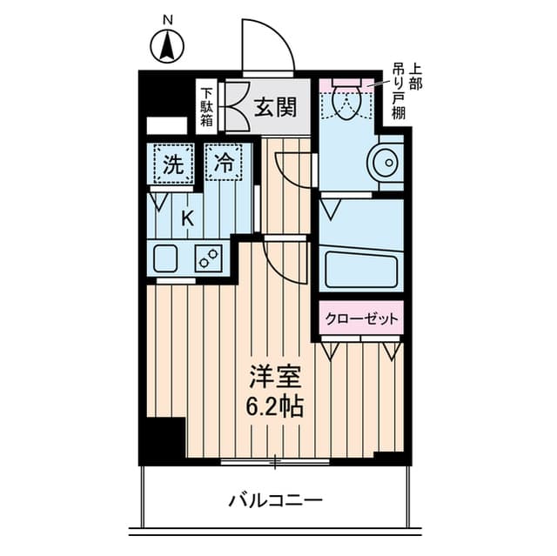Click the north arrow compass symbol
(x=167, y=47)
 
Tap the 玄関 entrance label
(x=276, y=107)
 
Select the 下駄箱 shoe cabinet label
(x=207, y=107)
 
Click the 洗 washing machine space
(x=174, y=164)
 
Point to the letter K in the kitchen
(x=188, y=218)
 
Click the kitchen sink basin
(x=165, y=258)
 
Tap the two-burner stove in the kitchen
(x=209, y=258)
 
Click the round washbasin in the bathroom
(x=386, y=163)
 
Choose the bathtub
(x=361, y=269)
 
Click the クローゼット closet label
(x=362, y=318)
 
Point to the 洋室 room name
(x=276, y=377)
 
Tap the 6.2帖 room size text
(x=275, y=406)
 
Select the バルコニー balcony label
(x=275, y=501)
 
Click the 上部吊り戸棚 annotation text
(x=406, y=90)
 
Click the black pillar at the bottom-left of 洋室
(x=166, y=440)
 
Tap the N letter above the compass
(x=168, y=21)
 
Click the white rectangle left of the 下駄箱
(x=166, y=125)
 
